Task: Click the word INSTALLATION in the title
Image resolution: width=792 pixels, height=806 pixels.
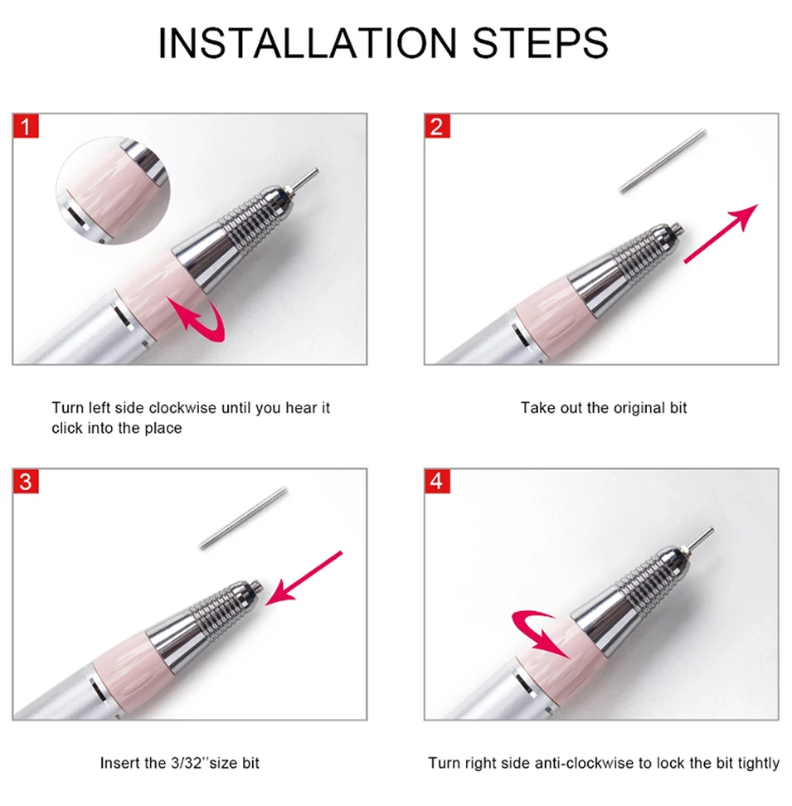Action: (308, 42)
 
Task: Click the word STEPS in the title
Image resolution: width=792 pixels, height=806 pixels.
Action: (540, 42)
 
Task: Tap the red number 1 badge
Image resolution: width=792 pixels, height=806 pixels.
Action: (26, 126)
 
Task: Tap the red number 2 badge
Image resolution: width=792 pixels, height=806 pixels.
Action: (437, 126)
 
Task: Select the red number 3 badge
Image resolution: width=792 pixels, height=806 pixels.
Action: (26, 482)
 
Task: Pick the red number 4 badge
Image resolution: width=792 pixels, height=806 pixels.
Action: (437, 482)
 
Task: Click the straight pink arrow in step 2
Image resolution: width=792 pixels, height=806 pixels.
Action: (721, 233)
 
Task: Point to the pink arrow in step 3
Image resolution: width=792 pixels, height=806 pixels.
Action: (304, 578)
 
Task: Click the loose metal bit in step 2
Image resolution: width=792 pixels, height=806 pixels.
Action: (662, 161)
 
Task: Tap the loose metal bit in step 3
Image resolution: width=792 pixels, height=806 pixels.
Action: (243, 517)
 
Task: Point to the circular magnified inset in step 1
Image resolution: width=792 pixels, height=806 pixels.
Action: (113, 190)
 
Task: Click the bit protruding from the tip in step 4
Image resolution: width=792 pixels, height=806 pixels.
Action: (699, 539)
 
